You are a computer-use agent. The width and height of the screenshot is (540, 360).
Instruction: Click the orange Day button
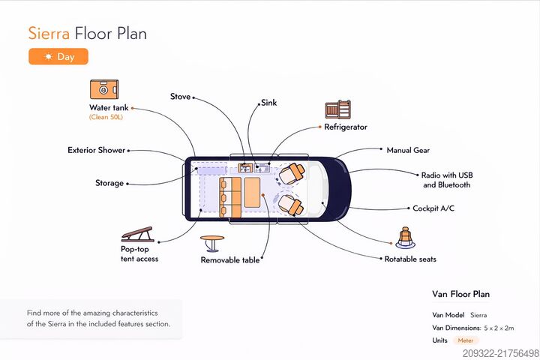coord(58,56)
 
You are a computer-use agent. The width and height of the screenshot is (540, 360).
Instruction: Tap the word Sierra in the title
coord(49,33)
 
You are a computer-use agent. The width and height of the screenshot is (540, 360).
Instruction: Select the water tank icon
coord(105,90)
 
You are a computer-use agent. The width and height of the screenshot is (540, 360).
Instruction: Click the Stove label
coord(180,97)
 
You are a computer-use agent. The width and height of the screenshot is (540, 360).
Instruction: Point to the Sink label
coord(268,103)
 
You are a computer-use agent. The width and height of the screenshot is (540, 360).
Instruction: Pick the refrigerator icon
coord(338,110)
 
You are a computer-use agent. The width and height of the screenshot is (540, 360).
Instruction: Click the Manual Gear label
coord(408,150)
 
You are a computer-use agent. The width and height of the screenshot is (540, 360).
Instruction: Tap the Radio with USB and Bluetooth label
coord(446,179)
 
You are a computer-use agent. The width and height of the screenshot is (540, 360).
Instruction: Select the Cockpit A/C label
coord(436,208)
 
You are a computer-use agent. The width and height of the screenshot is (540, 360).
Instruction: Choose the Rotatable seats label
coord(410,259)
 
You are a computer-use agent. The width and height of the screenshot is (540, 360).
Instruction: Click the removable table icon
coord(212,243)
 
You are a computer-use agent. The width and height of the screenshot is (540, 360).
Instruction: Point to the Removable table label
coord(230,260)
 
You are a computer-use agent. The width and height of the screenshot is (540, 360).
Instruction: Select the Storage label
coord(109,183)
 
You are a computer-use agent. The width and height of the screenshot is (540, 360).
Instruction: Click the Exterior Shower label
coord(97,150)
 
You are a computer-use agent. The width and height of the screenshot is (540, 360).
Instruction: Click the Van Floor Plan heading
coord(460,294)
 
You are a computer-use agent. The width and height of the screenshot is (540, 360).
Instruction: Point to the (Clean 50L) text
coord(105,117)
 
